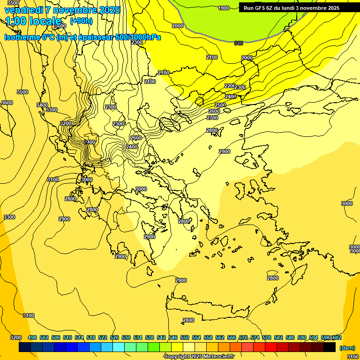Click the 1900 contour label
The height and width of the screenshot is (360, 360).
(224, 8)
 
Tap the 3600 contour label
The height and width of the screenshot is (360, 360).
(7, 103)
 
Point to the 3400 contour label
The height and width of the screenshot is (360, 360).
(42, 105)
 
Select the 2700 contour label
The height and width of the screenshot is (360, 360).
(212, 118)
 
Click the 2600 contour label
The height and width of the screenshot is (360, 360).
(214, 111)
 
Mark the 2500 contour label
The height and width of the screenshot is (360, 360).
(220, 105)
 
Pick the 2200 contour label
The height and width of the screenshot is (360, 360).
(230, 86)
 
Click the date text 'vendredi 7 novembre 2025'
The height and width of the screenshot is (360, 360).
(62, 10)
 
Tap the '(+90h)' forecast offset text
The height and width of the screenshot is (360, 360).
(81, 21)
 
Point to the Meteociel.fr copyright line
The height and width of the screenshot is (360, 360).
(199, 357)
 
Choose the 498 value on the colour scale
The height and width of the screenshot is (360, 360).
(32, 337)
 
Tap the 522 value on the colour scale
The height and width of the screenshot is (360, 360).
(103, 337)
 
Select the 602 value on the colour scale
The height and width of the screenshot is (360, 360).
(337, 337)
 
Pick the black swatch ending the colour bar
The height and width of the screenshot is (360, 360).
(330, 347)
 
